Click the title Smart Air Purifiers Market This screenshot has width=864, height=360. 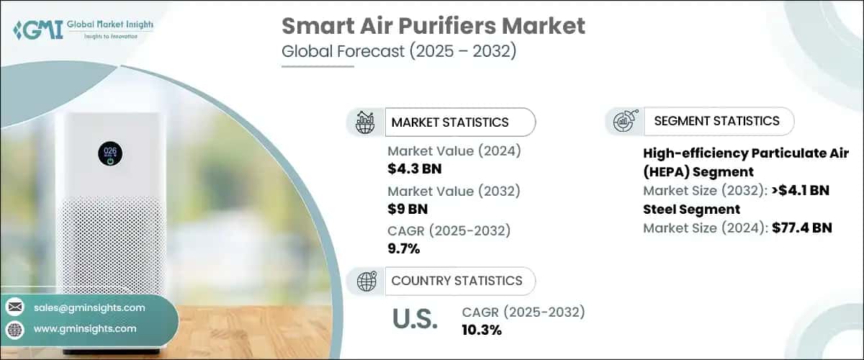433,27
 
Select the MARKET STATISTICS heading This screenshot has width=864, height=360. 449,122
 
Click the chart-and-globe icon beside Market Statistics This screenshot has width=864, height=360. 365,122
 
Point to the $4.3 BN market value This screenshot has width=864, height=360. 414,169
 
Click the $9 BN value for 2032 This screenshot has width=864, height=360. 407,210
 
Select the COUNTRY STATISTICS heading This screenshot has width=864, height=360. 456,281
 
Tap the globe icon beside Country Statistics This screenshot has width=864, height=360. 365,281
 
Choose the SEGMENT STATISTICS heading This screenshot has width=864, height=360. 716,121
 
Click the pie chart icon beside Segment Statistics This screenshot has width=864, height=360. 623,122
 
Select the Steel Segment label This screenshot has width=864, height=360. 691,210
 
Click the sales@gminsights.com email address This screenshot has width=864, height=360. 89,307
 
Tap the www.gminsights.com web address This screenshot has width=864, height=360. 85,328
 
